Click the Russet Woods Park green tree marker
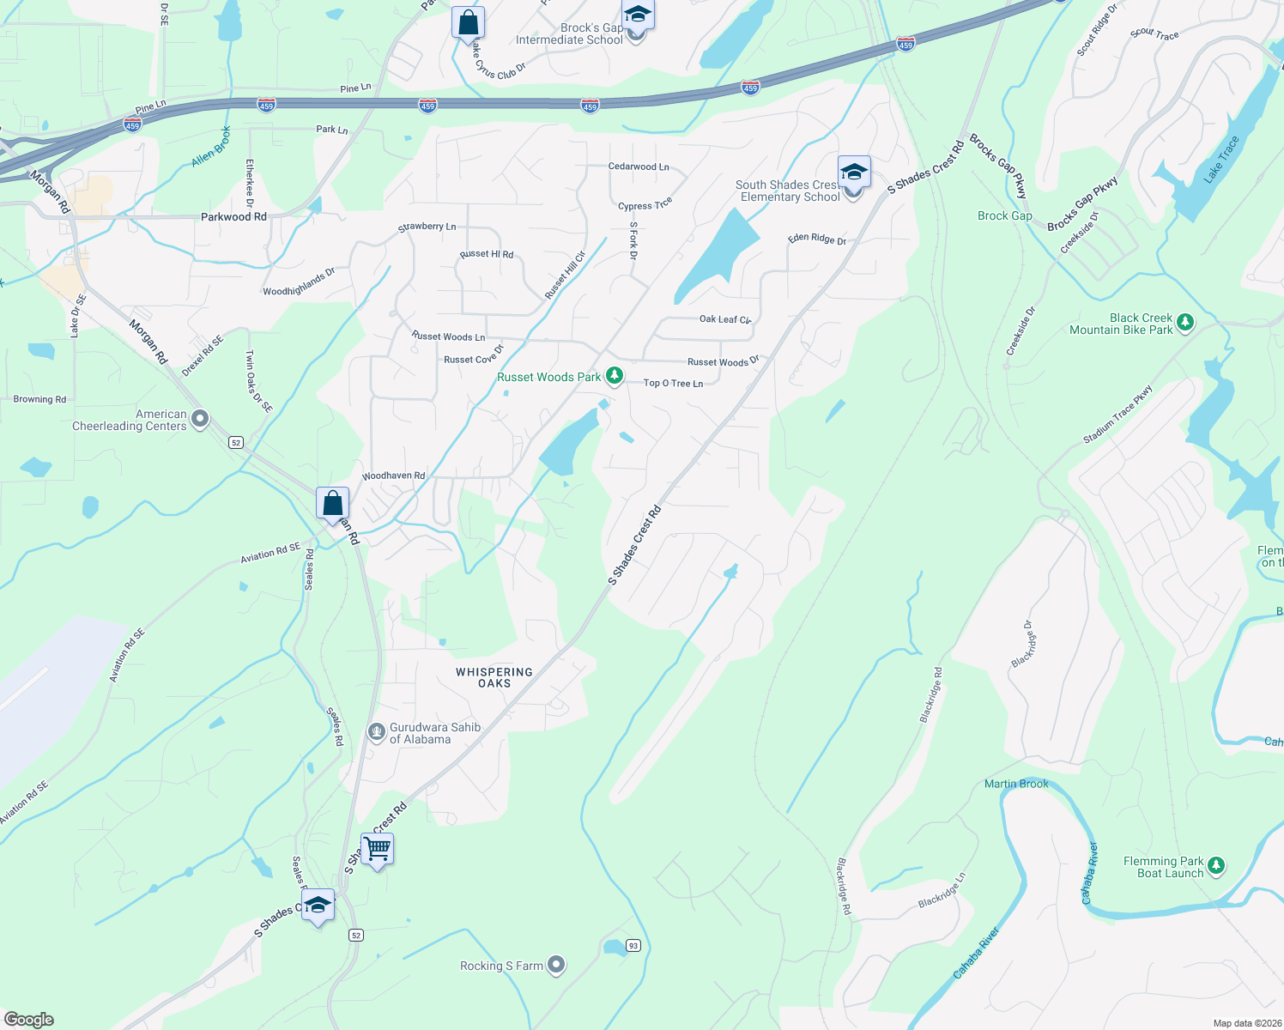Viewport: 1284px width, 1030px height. [x=614, y=376]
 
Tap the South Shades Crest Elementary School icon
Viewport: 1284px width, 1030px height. [x=854, y=173]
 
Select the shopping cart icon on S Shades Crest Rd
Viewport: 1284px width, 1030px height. [x=378, y=849]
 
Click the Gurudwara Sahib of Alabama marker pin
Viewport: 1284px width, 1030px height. [x=376, y=732]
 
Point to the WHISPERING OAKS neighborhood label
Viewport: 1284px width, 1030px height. [x=494, y=677]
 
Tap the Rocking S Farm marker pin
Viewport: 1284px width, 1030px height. [x=556, y=966]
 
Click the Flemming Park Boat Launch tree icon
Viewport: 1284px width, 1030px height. [x=1215, y=866]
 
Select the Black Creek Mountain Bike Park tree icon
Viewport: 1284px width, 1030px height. [x=1185, y=323]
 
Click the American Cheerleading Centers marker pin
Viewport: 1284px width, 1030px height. [x=199, y=419]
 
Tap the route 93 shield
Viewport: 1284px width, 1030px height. [x=633, y=945]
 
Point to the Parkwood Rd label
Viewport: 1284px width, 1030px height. [x=233, y=216]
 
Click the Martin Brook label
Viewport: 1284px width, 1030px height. [x=1016, y=784]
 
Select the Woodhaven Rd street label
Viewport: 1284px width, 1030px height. [x=393, y=476]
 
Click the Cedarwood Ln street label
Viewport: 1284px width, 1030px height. [x=638, y=167]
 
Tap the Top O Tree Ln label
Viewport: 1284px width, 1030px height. [x=673, y=383]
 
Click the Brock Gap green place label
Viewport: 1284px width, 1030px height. [x=1004, y=215]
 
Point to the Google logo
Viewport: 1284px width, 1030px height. [x=29, y=1019]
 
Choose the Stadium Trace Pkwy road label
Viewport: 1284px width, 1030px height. [x=1117, y=415]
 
